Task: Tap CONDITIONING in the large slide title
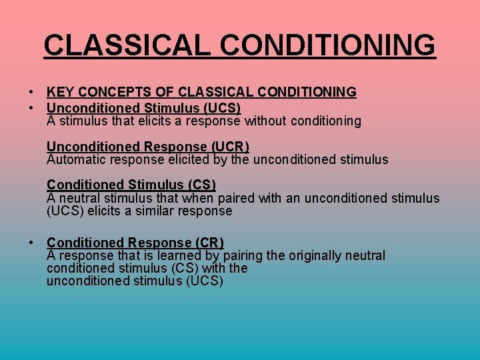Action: tap(328, 45)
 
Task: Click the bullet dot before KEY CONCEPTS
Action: tap(31, 92)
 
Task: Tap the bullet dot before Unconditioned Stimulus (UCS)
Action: tap(31, 108)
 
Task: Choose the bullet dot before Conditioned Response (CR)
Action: tap(31, 243)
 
